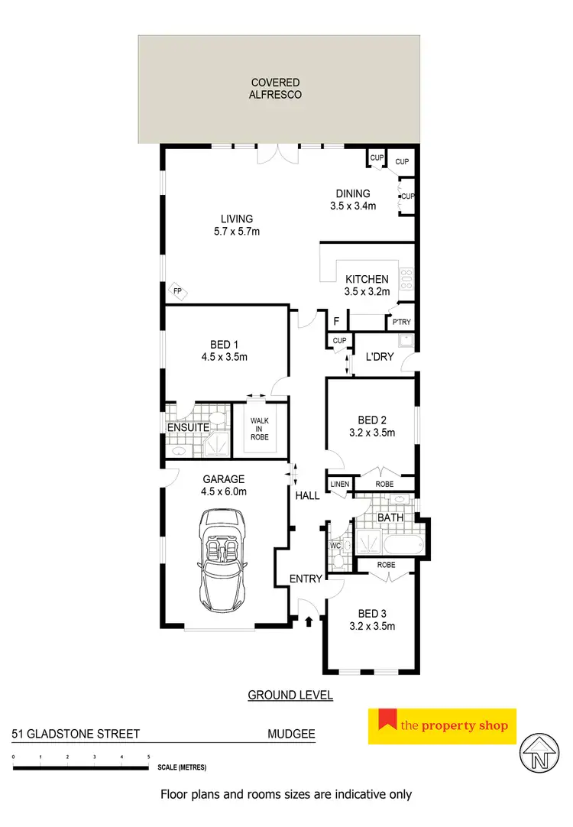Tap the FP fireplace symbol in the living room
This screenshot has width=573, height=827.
176,291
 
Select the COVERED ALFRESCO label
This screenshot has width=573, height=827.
279,89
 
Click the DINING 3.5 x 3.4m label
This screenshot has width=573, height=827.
353,199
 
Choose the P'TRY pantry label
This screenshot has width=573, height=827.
401,323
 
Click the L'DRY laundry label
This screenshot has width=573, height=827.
378,357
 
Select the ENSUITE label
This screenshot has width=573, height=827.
183,426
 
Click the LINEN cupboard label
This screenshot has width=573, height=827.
339,485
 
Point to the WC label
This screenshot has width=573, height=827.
334,546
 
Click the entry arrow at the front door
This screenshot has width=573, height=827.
308,622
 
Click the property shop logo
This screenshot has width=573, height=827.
442,726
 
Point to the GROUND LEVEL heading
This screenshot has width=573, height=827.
290,696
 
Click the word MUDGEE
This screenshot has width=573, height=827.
291,735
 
